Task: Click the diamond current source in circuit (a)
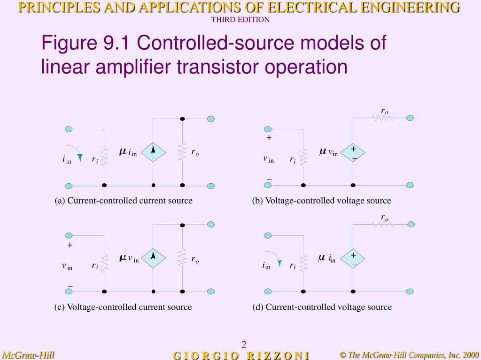153,151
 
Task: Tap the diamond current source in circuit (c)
153,257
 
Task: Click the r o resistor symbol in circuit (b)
383,118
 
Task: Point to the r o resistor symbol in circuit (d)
383,225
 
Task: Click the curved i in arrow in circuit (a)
75,151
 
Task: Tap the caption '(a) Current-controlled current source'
124,201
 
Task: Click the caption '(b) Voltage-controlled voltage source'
321,201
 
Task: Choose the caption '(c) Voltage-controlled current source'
123,307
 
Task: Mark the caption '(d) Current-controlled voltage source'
322,307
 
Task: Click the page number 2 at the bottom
244,345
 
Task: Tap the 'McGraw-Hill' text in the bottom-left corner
29,355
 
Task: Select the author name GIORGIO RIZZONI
241,355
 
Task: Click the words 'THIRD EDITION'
240,20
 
